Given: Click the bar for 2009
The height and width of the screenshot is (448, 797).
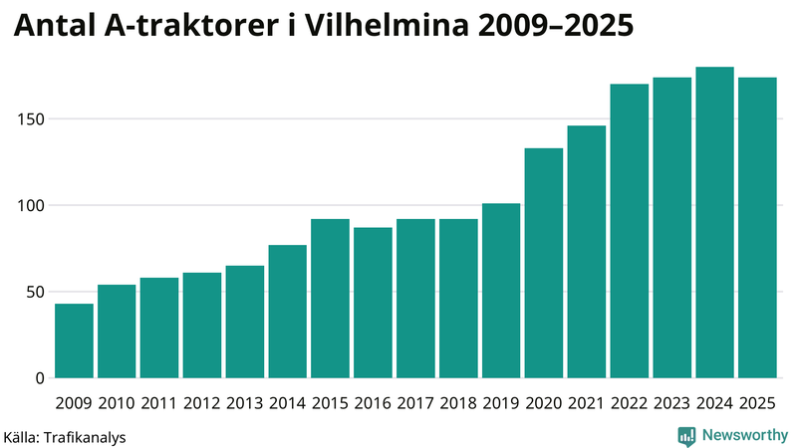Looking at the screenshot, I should click(74, 340).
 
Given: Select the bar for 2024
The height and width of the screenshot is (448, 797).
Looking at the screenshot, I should click(714, 223).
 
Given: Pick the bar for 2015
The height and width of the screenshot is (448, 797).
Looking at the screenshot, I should click(330, 299).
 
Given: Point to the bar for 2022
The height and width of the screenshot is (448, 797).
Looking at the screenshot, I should click(630, 231).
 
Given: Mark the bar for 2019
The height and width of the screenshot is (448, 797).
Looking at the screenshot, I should click(501, 291).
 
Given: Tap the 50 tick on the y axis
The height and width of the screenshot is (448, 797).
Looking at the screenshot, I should click(35, 292).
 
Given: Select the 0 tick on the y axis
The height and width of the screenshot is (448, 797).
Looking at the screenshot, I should click(39, 378).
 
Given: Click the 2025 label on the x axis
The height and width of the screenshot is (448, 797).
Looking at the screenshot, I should click(757, 403).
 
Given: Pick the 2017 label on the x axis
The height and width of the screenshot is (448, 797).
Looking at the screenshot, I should click(415, 403).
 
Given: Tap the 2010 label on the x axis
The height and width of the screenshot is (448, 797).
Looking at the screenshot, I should click(117, 403).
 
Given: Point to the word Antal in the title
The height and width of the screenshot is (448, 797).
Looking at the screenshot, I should click(54, 27).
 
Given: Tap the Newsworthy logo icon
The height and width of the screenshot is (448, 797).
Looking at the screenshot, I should click(686, 435).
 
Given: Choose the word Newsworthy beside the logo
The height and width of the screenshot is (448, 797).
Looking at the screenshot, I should click(744, 435).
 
